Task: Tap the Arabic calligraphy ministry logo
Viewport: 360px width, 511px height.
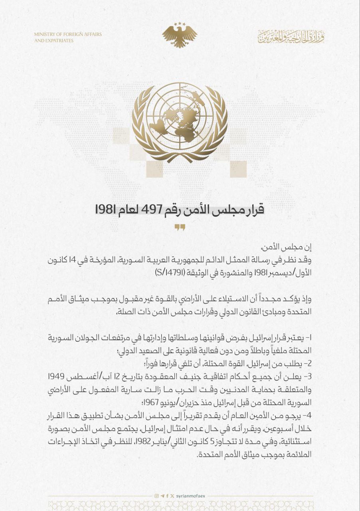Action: (291, 37)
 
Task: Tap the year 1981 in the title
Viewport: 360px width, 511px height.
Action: (104, 209)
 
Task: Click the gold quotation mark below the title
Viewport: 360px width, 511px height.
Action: (180, 228)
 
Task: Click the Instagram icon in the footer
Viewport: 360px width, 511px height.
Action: (156, 496)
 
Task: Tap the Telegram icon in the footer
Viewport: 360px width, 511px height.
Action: (162, 496)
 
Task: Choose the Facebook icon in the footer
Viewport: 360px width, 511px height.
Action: (167, 496)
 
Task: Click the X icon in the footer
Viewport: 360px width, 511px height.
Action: (172, 496)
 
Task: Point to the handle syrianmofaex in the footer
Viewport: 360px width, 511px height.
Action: (190, 496)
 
